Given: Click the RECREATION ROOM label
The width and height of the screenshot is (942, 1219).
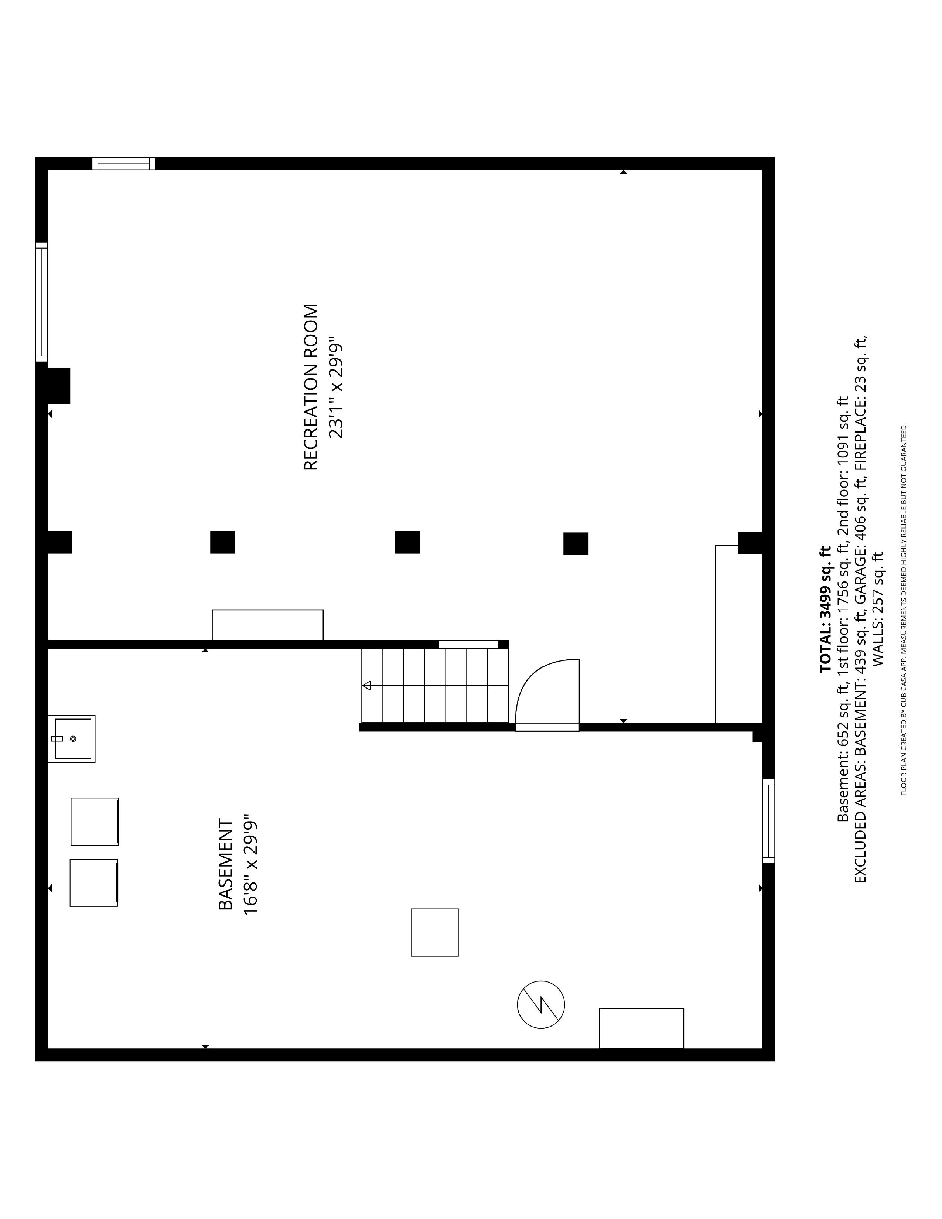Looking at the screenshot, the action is [311, 387].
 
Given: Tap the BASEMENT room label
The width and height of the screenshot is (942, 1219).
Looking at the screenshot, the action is [225, 865].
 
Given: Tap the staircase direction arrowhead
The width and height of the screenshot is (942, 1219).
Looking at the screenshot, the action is [366, 685].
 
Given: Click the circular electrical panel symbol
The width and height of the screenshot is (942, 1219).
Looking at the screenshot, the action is [541, 1005].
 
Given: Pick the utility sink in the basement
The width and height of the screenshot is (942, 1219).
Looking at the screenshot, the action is [71, 738].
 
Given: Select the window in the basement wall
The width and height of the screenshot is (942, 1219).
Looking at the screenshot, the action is [768, 820].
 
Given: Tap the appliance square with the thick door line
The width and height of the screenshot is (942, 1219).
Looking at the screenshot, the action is [94, 882].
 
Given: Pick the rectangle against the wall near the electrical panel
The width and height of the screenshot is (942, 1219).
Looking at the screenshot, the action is [642, 1028].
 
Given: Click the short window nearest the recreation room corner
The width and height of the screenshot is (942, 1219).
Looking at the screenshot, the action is [123, 164].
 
